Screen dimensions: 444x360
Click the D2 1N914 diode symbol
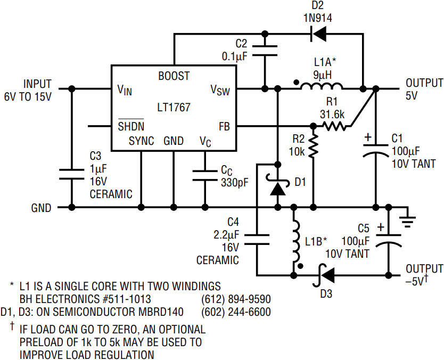[318, 34]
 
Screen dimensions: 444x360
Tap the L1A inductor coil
[322, 86]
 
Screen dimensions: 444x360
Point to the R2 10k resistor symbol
[314, 145]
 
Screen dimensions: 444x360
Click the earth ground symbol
[407, 219]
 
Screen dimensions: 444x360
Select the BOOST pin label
[174, 76]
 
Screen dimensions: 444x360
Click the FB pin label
[224, 126]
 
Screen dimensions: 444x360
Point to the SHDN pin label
[131, 126]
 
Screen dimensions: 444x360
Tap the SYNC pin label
[141, 141]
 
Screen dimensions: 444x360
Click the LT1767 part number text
[174, 108]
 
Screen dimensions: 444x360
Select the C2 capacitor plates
[265, 51]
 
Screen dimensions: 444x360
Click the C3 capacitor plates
[72, 174]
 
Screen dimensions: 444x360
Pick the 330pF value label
[235, 183]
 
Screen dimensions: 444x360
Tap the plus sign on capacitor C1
[367, 138]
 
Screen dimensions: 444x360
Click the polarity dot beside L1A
[296, 83]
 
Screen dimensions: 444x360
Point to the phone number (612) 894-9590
[236, 299]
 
